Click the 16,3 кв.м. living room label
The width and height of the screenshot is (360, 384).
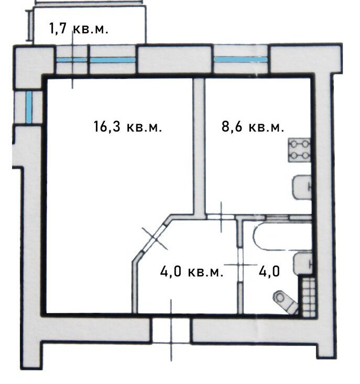click(127, 127)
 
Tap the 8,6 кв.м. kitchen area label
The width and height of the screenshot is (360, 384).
click(253, 127)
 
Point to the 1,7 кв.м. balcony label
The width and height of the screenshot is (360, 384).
click(79, 28)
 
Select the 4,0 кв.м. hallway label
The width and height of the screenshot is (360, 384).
click(191, 271)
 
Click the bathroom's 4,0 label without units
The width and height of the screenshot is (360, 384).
click(269, 271)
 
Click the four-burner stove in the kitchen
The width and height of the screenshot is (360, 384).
click(300, 150)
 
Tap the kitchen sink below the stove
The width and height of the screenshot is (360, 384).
click(302, 188)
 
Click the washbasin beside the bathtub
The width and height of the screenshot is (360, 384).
click(303, 264)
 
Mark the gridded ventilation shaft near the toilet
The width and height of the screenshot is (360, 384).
click(309, 297)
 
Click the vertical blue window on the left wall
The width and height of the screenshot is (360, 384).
click(29, 107)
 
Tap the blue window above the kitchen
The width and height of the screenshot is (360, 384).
click(241, 59)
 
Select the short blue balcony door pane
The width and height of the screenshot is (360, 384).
click(71, 60)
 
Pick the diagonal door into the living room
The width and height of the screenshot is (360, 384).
click(154, 237)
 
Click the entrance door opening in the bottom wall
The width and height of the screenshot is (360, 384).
click(171, 330)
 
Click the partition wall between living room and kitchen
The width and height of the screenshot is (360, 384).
click(199, 147)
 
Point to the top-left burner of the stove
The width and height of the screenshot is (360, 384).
click(294, 144)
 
